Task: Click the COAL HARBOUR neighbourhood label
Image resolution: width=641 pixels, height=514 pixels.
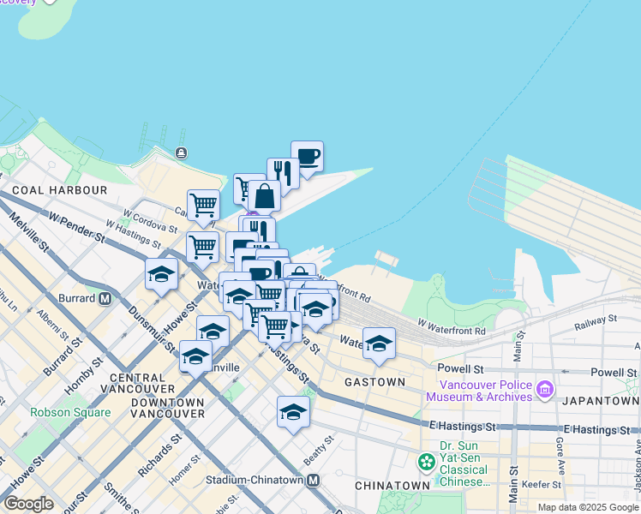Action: tap(59, 190)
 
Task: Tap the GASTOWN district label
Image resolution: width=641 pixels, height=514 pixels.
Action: tap(374, 382)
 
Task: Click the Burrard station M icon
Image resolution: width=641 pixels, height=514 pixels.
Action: tap(105, 299)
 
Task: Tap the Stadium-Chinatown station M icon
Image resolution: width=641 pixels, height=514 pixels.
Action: tap(314, 481)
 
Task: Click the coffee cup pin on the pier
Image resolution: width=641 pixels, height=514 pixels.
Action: tap(307, 157)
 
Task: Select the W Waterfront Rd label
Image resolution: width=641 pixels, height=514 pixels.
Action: tap(452, 328)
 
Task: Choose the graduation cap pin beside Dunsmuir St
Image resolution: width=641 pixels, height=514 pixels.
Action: tap(161, 274)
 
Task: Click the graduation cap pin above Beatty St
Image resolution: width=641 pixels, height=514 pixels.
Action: tap(293, 412)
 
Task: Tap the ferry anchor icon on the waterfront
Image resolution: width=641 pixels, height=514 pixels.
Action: tap(182, 152)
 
